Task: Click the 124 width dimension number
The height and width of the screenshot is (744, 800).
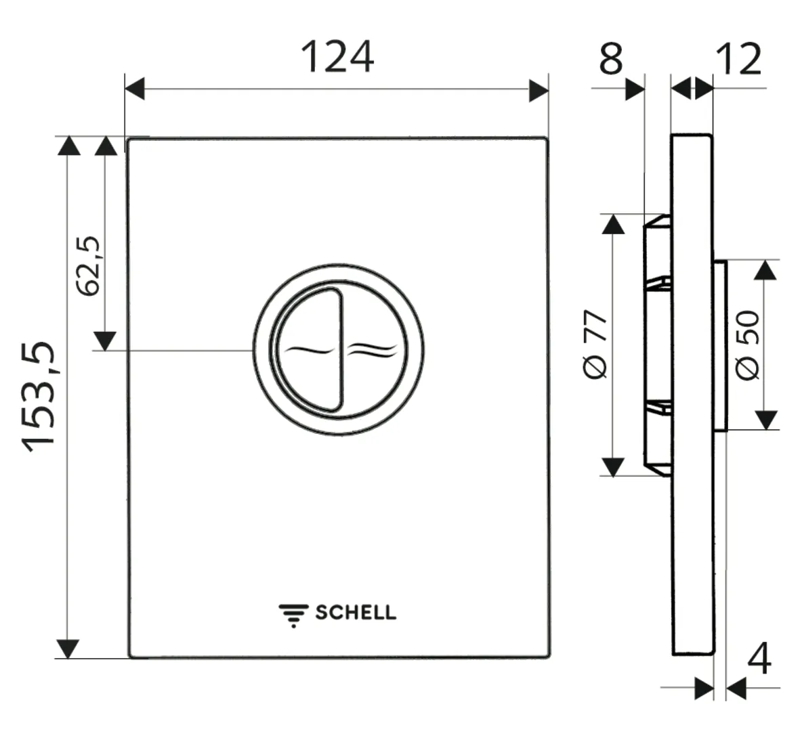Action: (337, 57)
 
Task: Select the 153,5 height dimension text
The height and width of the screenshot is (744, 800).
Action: (39, 396)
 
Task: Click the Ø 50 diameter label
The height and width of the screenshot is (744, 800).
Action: (748, 345)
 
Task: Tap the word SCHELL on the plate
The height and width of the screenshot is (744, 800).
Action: (356, 613)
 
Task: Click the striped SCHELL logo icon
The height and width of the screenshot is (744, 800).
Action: (293, 613)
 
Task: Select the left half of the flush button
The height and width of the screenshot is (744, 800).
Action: (308, 349)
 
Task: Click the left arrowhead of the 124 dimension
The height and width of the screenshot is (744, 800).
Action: (135, 89)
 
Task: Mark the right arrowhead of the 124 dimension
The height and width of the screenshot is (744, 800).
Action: (539, 89)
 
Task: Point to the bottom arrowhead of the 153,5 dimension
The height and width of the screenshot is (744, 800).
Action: (68, 648)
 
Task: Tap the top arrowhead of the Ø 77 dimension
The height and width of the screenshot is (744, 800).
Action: (613, 224)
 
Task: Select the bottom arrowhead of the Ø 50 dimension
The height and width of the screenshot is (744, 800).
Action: (766, 420)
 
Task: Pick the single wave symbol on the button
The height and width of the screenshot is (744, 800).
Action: (310, 351)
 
